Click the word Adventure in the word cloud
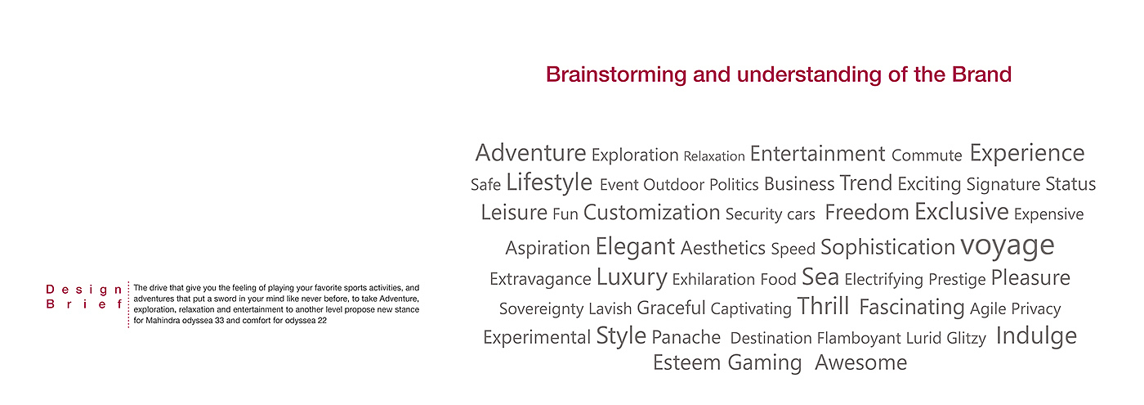(530, 153)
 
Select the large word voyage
(1007, 246)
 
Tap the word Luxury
(632, 277)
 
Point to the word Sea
(820, 277)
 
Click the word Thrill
(823, 306)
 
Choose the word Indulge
(1036, 336)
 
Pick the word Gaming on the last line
(765, 363)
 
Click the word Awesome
(860, 362)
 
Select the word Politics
(734, 185)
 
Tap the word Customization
(652, 213)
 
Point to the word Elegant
(635, 247)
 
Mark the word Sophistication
(887, 248)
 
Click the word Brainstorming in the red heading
(616, 75)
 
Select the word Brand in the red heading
(981, 74)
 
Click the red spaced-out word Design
(84, 290)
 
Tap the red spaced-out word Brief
(84, 304)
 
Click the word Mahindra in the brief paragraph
(162, 321)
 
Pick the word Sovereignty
(541, 309)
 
